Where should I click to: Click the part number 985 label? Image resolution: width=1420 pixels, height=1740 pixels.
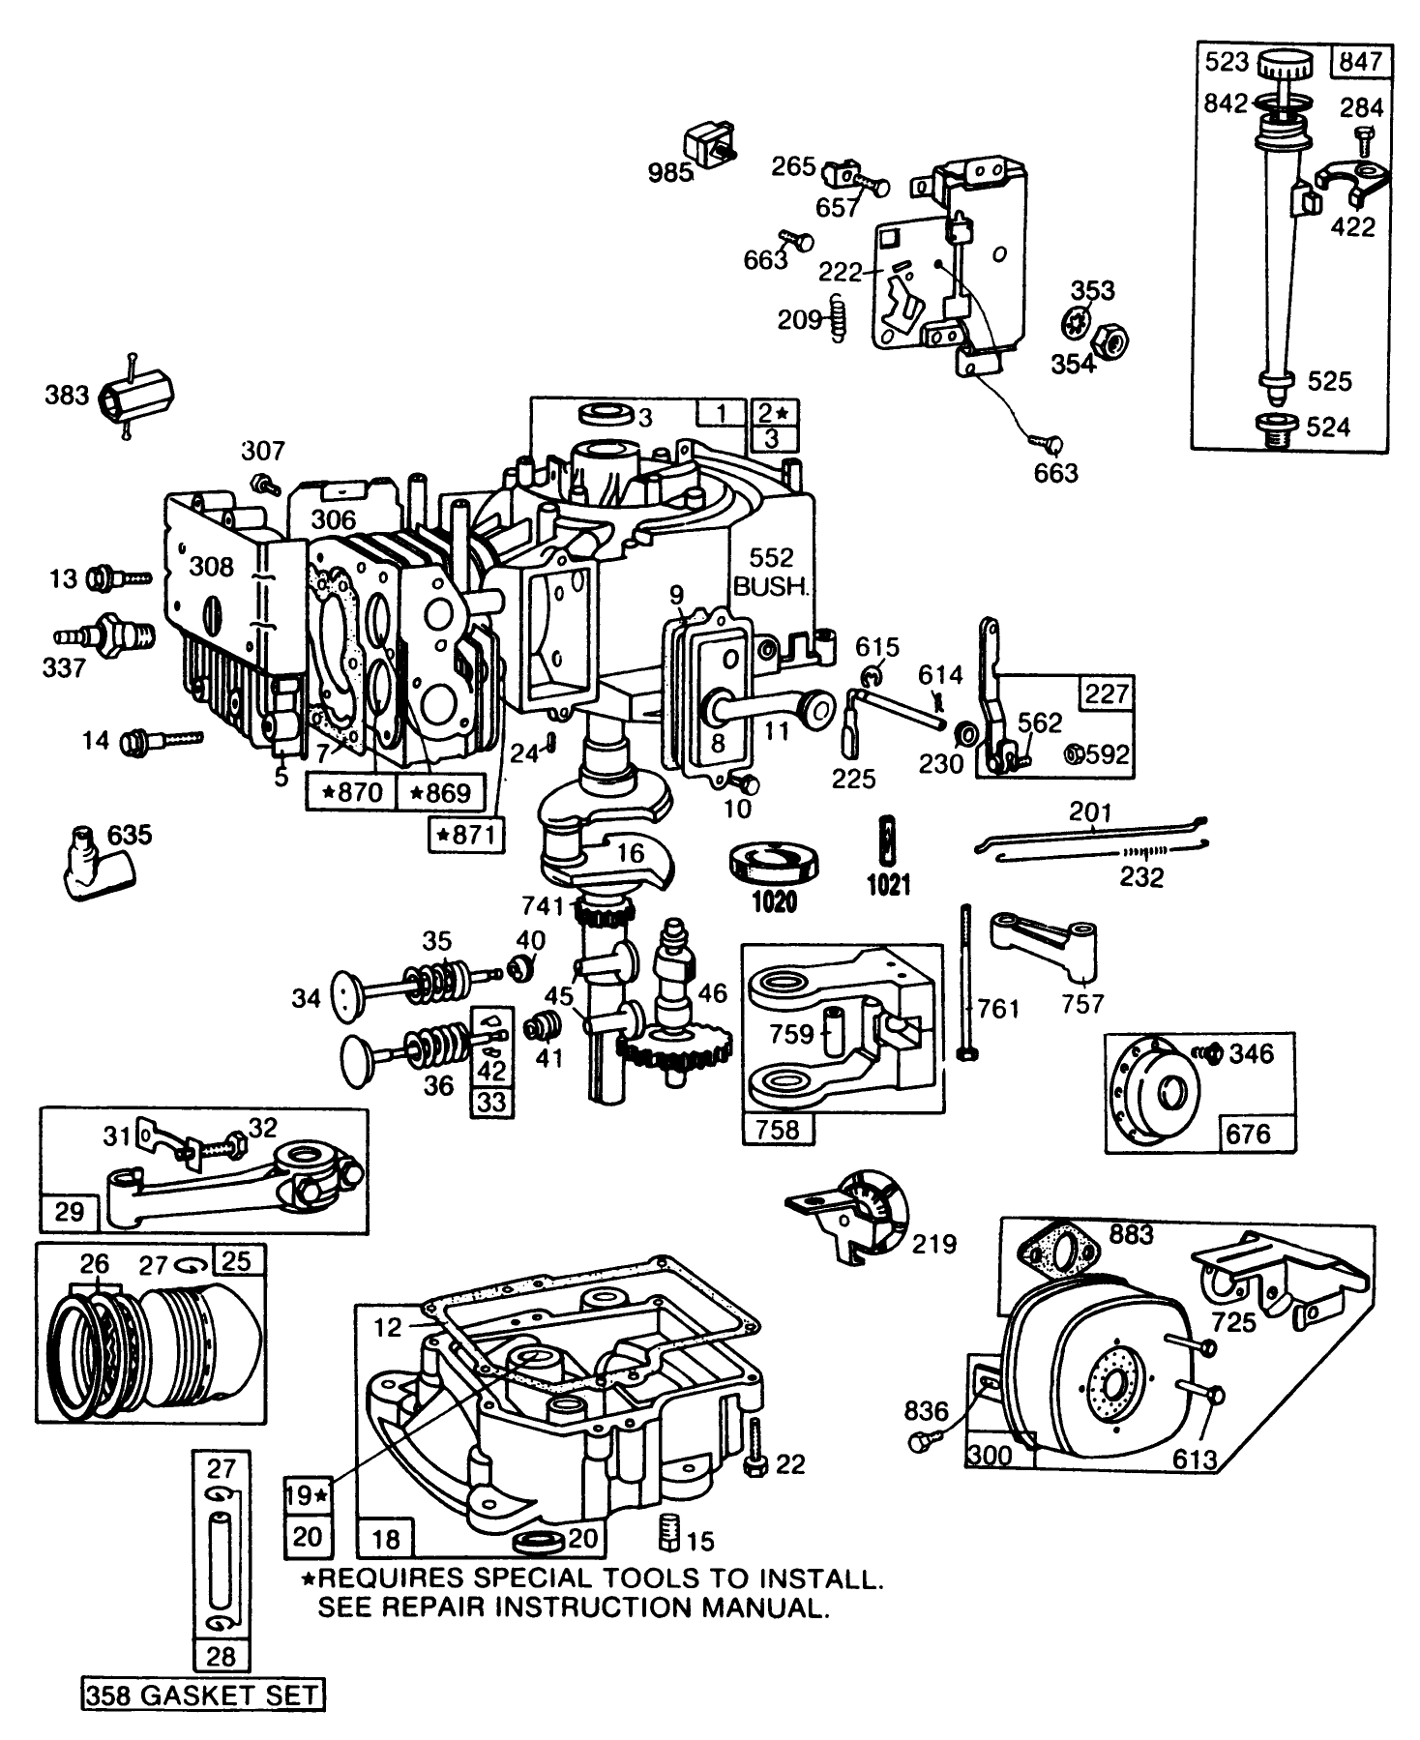[x=670, y=173]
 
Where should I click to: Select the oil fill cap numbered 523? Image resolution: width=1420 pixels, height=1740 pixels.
[x=1285, y=68]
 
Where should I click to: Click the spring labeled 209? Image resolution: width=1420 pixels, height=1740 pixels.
[x=839, y=319]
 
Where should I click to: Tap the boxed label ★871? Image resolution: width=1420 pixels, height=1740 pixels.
[x=466, y=835]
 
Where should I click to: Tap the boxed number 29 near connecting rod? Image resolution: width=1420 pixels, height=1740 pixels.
[x=70, y=1211]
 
